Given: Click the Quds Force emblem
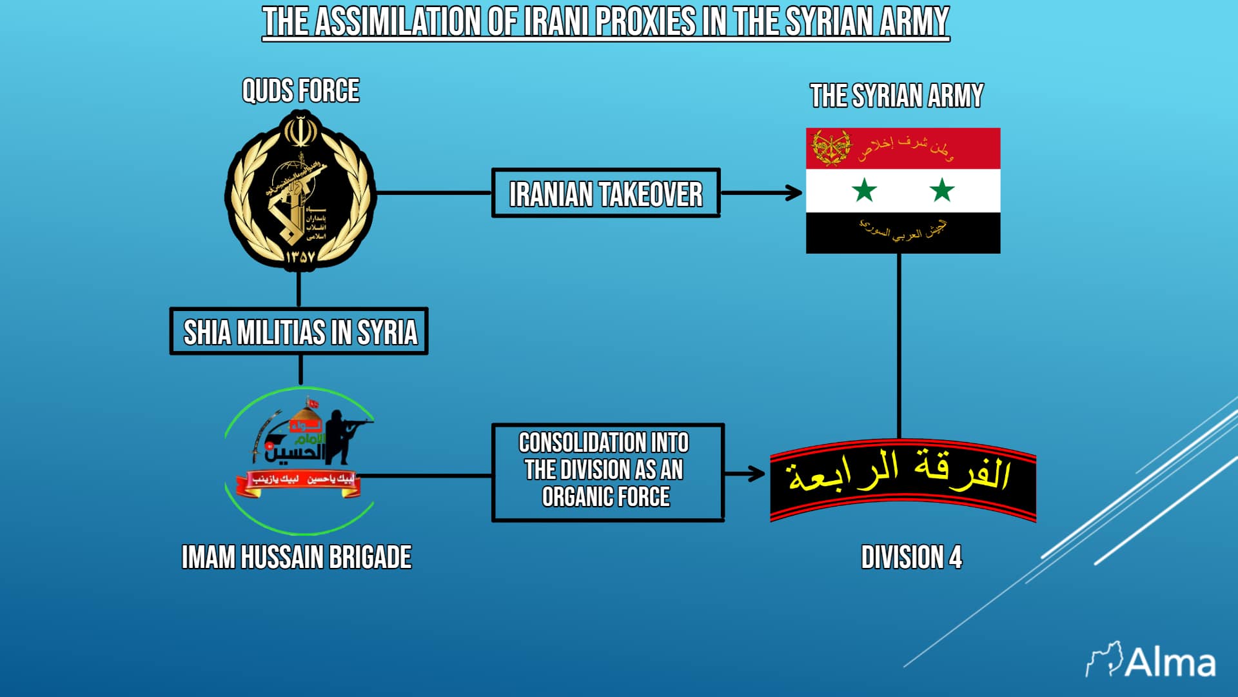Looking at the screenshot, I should pyautogui.click(x=300, y=191).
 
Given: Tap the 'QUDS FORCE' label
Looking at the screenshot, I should pyautogui.click(x=300, y=91).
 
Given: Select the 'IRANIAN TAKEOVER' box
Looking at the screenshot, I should pyautogui.click(x=605, y=194).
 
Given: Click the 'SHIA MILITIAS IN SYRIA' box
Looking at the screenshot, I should pyautogui.click(x=299, y=332).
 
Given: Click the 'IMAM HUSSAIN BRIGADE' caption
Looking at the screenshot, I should pyautogui.click(x=297, y=558).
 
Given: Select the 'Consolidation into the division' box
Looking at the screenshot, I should pyautogui.click(x=607, y=472).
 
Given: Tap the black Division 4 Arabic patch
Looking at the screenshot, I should pyautogui.click(x=903, y=480).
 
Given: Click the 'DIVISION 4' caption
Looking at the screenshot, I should pyautogui.click(x=911, y=558).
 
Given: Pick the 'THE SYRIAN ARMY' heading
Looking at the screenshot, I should pyautogui.click(x=896, y=96).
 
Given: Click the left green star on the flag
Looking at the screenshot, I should pyautogui.click(x=864, y=190).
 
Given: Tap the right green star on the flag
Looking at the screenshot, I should pyautogui.click(x=942, y=190).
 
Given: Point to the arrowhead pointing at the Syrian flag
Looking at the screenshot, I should pyautogui.click(x=795, y=192).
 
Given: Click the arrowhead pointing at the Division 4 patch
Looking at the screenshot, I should pyautogui.click(x=757, y=474).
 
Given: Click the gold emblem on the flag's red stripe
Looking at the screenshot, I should pyautogui.click(x=830, y=148).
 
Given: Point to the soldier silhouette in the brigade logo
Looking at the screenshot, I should pyautogui.click(x=342, y=436).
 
